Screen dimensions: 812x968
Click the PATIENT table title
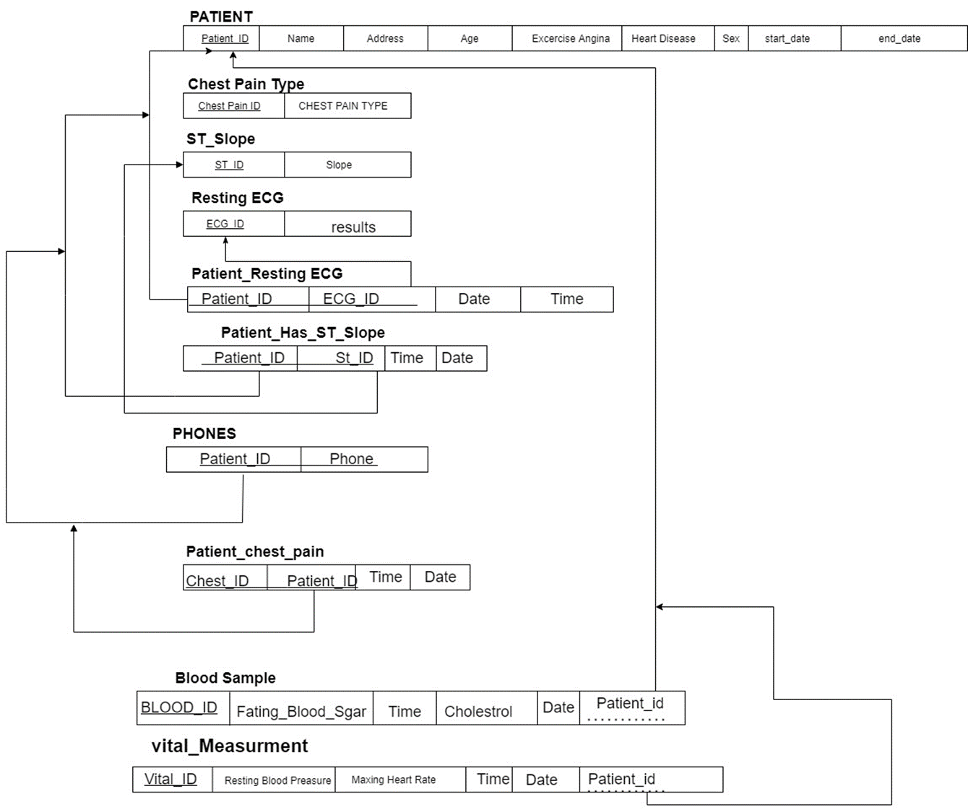click(221, 17)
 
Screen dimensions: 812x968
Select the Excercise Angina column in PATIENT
click(570, 39)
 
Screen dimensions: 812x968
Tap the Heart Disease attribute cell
click(663, 39)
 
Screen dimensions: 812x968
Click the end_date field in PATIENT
click(899, 39)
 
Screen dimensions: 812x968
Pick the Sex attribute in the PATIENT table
click(731, 39)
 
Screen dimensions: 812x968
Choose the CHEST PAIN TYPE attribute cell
click(343, 106)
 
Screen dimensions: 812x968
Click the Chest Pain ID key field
click(229, 106)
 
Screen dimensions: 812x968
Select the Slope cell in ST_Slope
click(339, 165)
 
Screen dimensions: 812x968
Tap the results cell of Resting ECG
click(353, 227)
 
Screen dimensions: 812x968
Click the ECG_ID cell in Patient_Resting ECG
click(351, 299)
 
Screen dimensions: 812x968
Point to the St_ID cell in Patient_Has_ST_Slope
click(354, 358)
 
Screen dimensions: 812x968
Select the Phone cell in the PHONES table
click(352, 459)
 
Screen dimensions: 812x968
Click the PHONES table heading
click(204, 434)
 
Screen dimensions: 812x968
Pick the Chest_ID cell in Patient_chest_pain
click(217, 580)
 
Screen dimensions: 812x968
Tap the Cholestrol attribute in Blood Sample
click(478, 712)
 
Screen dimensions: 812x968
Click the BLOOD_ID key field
click(179, 707)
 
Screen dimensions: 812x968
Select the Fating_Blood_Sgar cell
click(301, 712)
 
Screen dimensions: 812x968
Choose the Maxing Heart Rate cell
click(394, 780)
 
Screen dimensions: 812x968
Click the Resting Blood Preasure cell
click(277, 780)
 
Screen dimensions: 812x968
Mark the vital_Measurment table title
click(230, 746)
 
